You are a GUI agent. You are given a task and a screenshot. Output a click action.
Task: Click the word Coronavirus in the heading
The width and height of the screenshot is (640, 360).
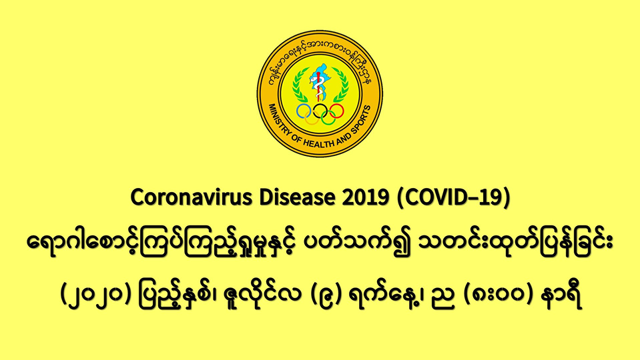click(191, 198)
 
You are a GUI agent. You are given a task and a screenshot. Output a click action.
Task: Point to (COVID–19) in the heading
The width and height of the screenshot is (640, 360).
click(453, 199)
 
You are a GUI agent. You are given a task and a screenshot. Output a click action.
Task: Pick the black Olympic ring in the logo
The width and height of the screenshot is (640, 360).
click(320, 111)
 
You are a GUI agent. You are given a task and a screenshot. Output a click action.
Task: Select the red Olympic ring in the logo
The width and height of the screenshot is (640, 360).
click(337, 111)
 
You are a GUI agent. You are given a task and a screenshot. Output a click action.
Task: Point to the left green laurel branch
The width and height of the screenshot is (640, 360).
click(300, 85)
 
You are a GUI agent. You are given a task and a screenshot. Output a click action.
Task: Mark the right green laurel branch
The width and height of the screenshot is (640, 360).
click(340, 85)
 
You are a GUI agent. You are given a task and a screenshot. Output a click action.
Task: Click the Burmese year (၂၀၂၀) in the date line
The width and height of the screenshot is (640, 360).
click(96, 295)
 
